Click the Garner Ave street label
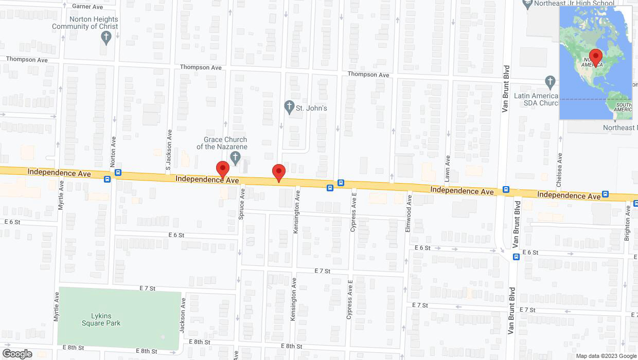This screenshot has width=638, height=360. point(88,7)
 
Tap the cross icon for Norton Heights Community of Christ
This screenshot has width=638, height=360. point(106,37)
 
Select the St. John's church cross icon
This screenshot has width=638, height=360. point(289,108)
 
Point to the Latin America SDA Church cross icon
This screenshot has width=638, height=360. point(550,82)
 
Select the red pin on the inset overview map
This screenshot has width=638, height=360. point(596,57)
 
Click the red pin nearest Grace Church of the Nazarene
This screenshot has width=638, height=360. point(222,169)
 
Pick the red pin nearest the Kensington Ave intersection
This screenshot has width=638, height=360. point(279,172)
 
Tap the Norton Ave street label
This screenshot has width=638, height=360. point(113,151)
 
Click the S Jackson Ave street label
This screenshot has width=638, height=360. point(168,150)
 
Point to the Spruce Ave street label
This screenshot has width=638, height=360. point(241,204)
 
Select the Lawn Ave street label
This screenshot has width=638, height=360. point(448,168)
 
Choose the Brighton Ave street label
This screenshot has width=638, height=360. point(627,223)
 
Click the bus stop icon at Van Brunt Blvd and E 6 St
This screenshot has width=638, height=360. point(516,257)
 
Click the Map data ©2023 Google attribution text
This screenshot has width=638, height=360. point(606,356)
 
